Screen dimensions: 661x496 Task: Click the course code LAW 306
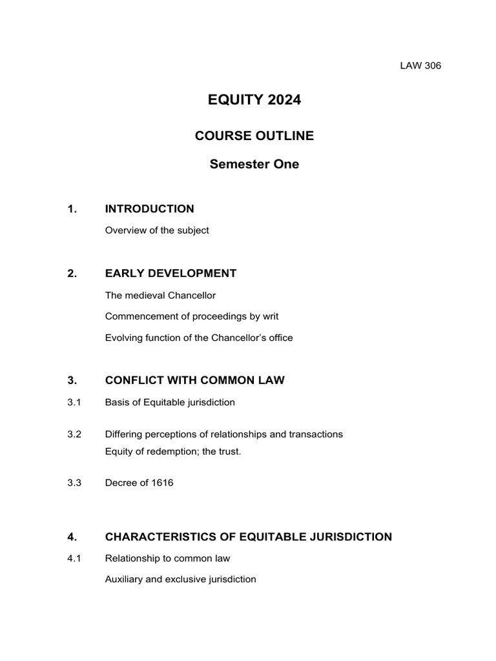[x=420, y=65]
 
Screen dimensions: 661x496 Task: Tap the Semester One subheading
[x=254, y=164]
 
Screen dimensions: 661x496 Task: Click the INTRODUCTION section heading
[x=149, y=208]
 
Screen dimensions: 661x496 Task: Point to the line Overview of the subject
[x=157, y=230]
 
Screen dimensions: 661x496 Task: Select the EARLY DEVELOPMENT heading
[x=170, y=273]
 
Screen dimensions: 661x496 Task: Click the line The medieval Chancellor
[x=160, y=295]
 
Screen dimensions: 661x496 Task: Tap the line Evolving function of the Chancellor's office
[x=199, y=338]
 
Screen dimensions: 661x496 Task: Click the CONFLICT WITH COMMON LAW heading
[x=194, y=380]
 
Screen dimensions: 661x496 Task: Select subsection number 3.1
[x=74, y=402]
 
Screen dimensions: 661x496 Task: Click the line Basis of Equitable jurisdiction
[x=170, y=402]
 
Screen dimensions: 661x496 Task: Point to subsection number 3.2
[x=74, y=434]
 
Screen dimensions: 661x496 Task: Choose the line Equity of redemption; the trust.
[x=173, y=451]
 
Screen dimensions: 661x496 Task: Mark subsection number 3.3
[x=74, y=483]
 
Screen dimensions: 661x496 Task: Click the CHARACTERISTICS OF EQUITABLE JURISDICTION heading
[x=248, y=536]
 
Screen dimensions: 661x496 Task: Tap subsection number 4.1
[x=74, y=558]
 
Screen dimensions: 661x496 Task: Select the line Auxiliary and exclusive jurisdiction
[x=180, y=579]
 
